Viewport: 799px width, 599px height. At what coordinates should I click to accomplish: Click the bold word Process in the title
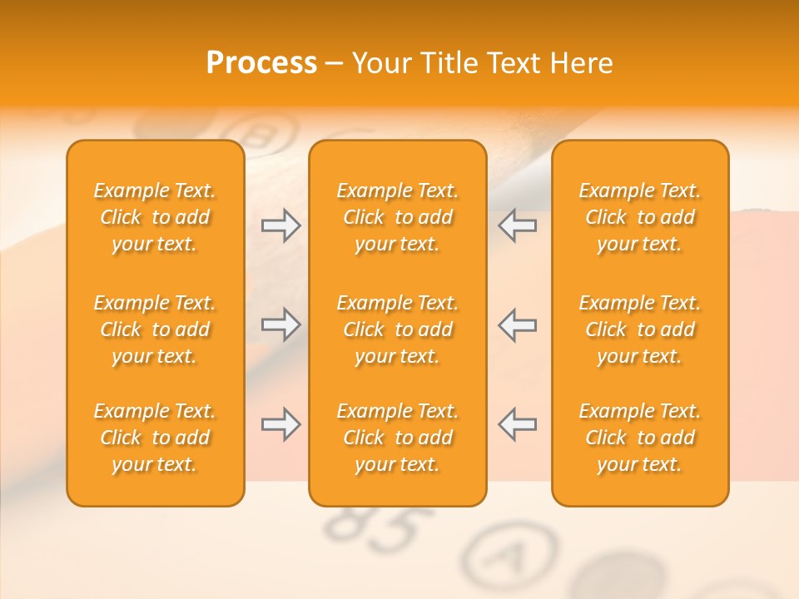click(261, 63)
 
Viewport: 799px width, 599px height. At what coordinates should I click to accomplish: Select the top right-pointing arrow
click(280, 225)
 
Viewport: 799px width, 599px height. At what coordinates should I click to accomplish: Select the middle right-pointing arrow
click(280, 324)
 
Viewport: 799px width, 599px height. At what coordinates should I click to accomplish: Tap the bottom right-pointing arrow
click(280, 424)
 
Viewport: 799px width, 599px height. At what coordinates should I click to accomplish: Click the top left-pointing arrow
click(518, 225)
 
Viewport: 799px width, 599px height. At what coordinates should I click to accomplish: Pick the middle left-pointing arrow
click(518, 324)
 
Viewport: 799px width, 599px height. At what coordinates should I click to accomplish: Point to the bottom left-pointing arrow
click(518, 424)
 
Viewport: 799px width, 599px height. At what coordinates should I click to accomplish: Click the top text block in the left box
click(155, 217)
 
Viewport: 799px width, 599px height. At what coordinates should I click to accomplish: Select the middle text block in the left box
click(155, 329)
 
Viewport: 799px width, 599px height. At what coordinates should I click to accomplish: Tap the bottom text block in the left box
click(155, 438)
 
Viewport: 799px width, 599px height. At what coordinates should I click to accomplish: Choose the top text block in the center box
click(398, 217)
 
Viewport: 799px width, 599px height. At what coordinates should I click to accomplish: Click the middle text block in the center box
click(398, 329)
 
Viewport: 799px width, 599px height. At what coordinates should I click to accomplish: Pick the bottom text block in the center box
click(398, 438)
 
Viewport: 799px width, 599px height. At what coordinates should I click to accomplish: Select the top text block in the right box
click(640, 217)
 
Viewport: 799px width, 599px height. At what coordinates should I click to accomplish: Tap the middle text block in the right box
click(640, 329)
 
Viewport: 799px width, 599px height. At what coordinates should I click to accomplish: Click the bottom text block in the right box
click(640, 438)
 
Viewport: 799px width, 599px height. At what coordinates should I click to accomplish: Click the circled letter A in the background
click(509, 554)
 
